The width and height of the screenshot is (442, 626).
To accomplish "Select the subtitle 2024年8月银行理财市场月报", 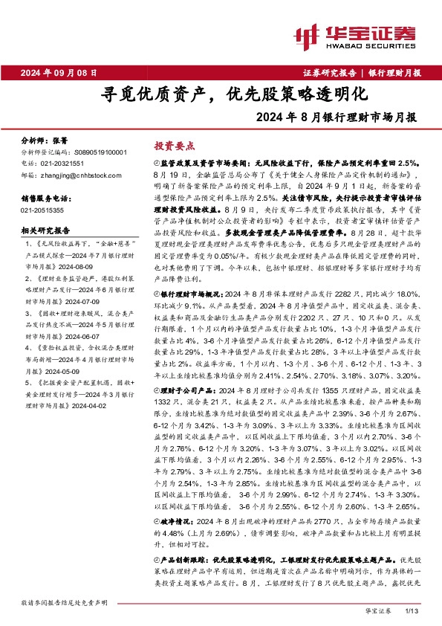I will (x=335, y=117).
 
